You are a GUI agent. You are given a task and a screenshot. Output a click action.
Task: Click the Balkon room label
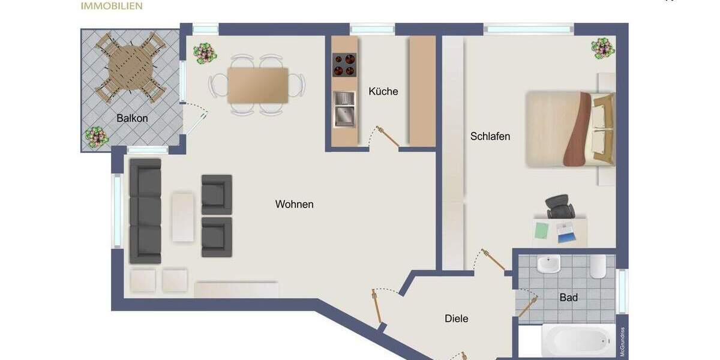(x=132, y=118)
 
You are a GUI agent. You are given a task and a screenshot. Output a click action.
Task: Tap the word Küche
(x=383, y=92)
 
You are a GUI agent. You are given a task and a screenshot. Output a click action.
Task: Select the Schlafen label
(x=490, y=136)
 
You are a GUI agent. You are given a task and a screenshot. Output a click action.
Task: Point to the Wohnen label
(x=294, y=204)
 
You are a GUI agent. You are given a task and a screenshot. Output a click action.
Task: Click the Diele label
(x=456, y=319)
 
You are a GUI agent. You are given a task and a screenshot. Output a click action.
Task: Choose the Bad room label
(x=568, y=298)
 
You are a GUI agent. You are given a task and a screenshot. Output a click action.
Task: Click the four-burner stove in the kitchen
(x=344, y=65)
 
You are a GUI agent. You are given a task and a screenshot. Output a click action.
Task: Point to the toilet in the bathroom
(x=599, y=267)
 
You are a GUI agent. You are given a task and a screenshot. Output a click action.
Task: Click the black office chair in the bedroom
(x=560, y=208)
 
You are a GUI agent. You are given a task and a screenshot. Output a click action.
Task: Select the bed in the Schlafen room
(x=570, y=128)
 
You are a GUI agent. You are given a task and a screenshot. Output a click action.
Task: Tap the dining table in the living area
(x=257, y=85)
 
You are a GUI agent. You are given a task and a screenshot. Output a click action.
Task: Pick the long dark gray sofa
(x=145, y=211)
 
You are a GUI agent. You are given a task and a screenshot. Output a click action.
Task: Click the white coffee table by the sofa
(x=183, y=217)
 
